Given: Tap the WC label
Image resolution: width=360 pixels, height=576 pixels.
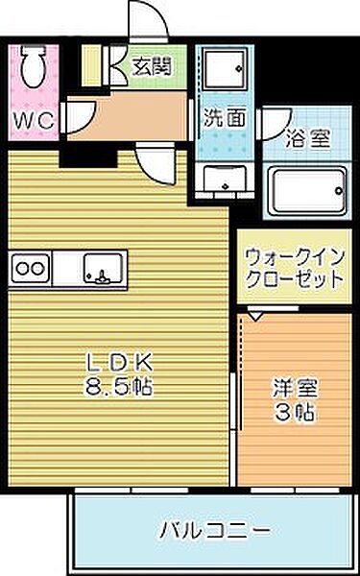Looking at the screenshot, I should pyautogui.click(x=31, y=122).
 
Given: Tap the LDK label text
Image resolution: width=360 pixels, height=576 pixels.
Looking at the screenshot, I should pyautogui.click(x=120, y=366).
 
